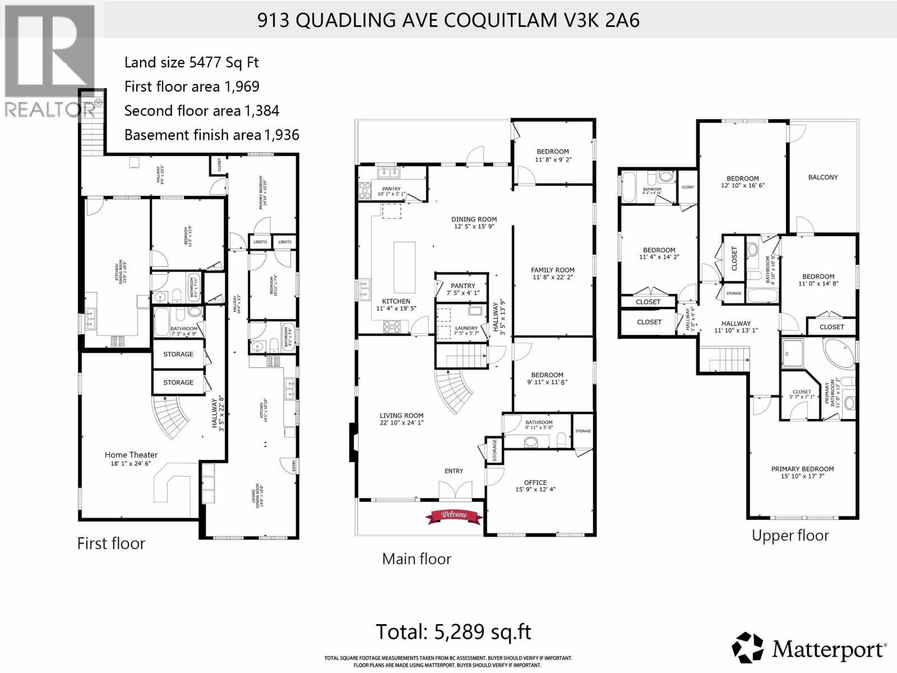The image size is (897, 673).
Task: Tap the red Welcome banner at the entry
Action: [x=454, y=515]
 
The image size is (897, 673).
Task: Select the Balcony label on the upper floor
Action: [x=822, y=177]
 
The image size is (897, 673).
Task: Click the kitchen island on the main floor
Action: [x=405, y=267]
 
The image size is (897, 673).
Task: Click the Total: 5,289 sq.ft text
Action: [x=453, y=632]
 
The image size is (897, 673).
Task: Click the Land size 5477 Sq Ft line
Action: [x=191, y=62]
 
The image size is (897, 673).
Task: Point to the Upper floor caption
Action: [x=790, y=536]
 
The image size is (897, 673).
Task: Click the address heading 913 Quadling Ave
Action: [x=448, y=20]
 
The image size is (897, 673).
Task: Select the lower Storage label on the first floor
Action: [x=178, y=382]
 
